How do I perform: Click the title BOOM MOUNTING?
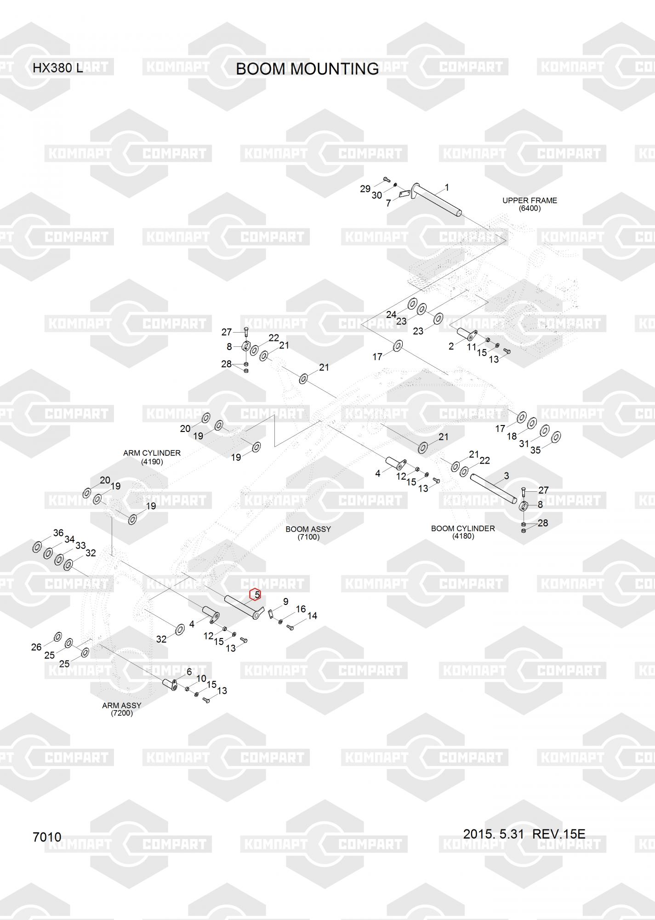pyautogui.click(x=307, y=69)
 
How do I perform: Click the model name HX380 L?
pyautogui.click(x=57, y=69)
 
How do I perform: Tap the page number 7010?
pyautogui.click(x=47, y=837)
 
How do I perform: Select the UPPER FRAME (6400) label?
pyautogui.click(x=530, y=204)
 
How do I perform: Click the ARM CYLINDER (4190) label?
pyautogui.click(x=152, y=457)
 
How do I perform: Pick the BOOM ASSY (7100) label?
pyautogui.click(x=308, y=533)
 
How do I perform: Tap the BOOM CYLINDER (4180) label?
pyautogui.click(x=463, y=532)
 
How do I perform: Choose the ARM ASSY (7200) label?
pyautogui.click(x=122, y=709)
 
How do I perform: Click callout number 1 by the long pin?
pyautogui.click(x=447, y=188)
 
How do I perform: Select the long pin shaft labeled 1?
pyautogui.click(x=437, y=200)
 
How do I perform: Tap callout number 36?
pyautogui.click(x=58, y=533)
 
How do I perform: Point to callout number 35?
pyautogui.click(x=535, y=450)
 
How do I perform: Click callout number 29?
pyautogui.click(x=365, y=189)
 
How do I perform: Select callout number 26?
pyautogui.click(x=36, y=647)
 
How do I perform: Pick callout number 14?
pyautogui.click(x=312, y=615)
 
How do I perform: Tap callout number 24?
pyautogui.click(x=391, y=315)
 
